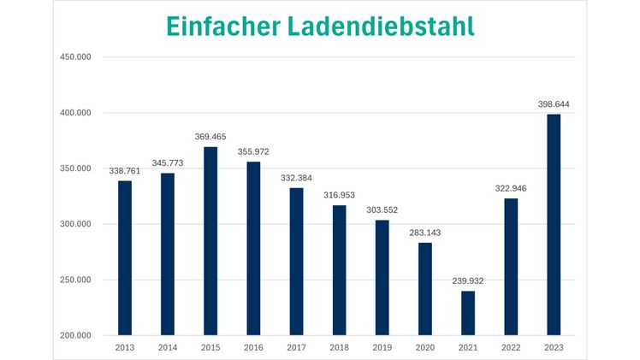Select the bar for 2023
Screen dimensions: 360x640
(554, 224)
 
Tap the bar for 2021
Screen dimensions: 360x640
(468, 313)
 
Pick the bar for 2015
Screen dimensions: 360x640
(210, 240)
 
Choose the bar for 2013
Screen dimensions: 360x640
(125, 257)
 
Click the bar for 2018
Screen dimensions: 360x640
(340, 269)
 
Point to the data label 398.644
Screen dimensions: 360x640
(554, 104)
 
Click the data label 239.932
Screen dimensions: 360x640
(468, 280)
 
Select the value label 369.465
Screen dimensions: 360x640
(210, 137)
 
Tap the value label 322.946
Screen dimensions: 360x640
(511, 188)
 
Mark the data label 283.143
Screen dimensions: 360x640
(425, 233)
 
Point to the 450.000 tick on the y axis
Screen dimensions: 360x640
(74, 57)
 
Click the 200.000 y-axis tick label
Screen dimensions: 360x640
(74, 335)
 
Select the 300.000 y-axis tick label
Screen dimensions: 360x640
(74, 224)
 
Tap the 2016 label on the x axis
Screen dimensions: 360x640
(253, 347)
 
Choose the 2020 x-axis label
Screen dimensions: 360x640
(425, 347)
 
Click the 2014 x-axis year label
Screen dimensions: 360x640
(168, 347)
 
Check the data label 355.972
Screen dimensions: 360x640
(253, 151)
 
